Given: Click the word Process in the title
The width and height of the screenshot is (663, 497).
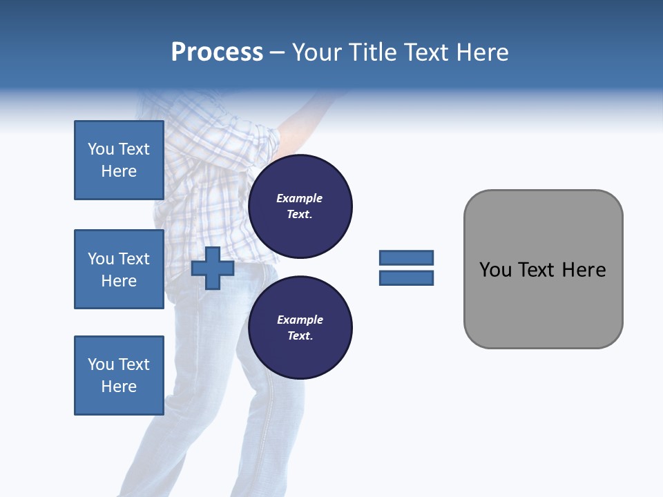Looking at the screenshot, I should [217, 52].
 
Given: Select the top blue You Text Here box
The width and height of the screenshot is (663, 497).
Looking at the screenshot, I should [119, 160].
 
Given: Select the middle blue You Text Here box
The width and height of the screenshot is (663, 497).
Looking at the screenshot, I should [119, 269].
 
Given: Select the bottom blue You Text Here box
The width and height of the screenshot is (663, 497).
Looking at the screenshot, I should [119, 376].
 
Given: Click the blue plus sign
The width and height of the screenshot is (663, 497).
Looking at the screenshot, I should [213, 268].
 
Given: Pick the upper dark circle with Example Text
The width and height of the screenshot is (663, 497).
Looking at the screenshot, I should [300, 206].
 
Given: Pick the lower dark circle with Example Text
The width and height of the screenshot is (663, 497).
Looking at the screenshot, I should [300, 328].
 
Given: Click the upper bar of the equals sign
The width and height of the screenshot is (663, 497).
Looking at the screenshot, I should [406, 257].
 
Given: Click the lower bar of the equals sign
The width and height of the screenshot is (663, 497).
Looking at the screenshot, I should [406, 277].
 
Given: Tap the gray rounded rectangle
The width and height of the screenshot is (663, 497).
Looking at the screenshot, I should [543, 304].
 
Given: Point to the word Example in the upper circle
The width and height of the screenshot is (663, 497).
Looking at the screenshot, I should [300, 198].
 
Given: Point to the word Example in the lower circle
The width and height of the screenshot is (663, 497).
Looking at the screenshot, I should [300, 320].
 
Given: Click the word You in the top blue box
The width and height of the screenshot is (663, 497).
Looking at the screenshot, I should [101, 149].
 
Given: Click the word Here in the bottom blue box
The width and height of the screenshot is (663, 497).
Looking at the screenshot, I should [119, 387].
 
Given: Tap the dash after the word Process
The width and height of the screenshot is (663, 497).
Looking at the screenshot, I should [278, 52].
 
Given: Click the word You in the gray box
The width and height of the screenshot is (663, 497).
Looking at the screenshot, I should [495, 270].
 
